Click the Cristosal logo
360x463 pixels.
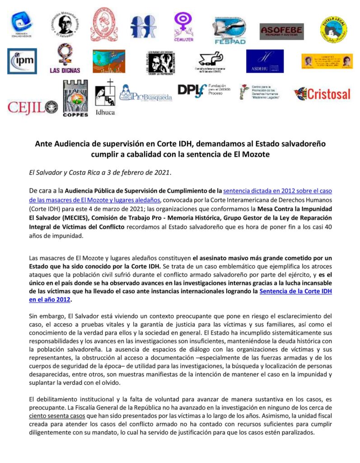coord(322,94)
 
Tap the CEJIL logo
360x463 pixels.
coord(32,108)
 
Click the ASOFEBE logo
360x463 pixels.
coord(281,32)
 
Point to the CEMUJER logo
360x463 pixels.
coord(183,28)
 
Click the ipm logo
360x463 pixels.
coord(22,61)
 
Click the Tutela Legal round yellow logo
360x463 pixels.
coord(333,29)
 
